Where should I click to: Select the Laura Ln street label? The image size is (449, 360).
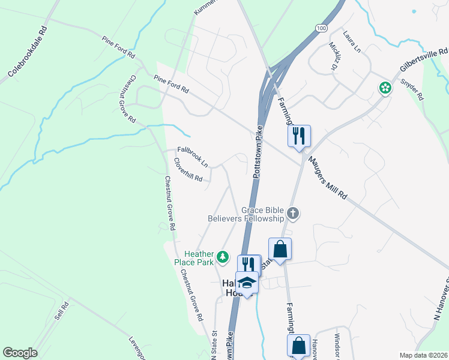(351, 40)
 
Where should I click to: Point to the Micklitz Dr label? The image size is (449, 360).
(334, 56)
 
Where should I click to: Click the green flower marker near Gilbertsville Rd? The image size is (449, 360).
(384, 88)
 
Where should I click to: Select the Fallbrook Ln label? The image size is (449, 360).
(193, 157)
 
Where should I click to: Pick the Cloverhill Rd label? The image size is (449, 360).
(188, 170)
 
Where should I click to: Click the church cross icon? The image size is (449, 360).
(293, 212)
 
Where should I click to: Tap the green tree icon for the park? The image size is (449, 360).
(223, 257)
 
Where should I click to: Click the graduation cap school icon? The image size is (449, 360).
(246, 281)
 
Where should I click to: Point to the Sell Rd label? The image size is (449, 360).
(62, 310)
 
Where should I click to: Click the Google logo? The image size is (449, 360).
(20, 353)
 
